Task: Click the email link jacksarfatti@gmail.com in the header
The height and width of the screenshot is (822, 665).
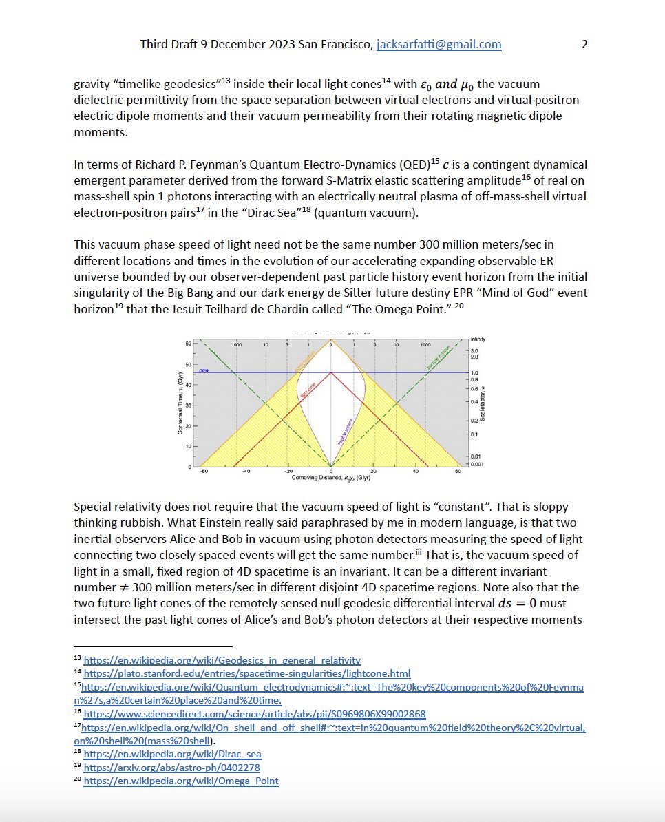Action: pyautogui.click(x=439, y=45)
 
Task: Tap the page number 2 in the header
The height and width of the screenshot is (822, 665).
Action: pyautogui.click(x=584, y=45)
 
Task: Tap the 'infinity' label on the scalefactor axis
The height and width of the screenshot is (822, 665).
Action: pyautogui.click(x=477, y=339)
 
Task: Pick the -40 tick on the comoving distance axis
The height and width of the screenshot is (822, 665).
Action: pyautogui.click(x=246, y=472)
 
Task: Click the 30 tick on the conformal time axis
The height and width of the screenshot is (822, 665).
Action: pyautogui.click(x=188, y=405)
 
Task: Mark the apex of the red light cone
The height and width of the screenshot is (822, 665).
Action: pyautogui.click(x=331, y=372)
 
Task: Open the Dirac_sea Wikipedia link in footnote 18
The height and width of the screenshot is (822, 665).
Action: pyautogui.click(x=172, y=754)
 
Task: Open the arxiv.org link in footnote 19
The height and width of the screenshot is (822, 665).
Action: pyautogui.click(x=171, y=767)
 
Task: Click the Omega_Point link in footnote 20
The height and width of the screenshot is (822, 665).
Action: pyautogui.click(x=180, y=781)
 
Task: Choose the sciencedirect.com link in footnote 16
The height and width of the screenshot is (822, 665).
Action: pyautogui.click(x=255, y=714)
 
